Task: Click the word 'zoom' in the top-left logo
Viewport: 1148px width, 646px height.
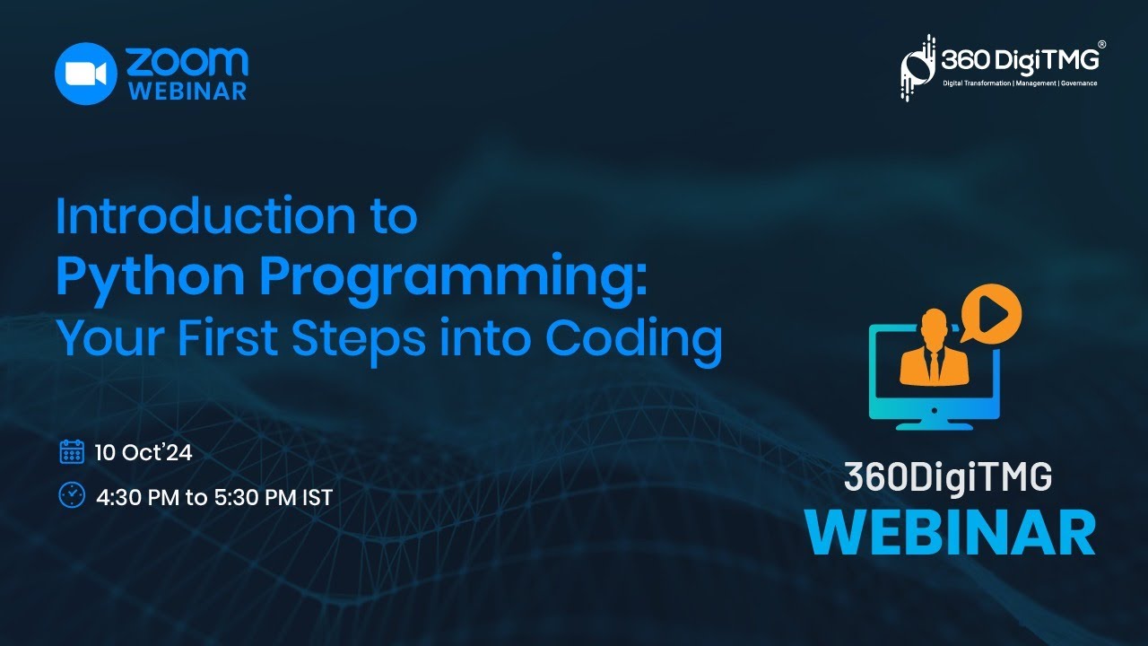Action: [x=187, y=60]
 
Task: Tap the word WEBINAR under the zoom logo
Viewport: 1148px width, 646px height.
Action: [x=187, y=92]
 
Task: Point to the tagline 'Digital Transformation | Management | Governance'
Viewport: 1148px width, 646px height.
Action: [x=1019, y=83]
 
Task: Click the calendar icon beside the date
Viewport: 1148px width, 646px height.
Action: [x=72, y=451]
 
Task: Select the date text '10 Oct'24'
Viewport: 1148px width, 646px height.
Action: [x=143, y=453]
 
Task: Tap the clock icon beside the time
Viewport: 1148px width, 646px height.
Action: [x=72, y=494]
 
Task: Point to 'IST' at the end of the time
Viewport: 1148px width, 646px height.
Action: [x=317, y=497]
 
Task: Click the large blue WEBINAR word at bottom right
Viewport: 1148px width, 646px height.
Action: [x=950, y=534]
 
